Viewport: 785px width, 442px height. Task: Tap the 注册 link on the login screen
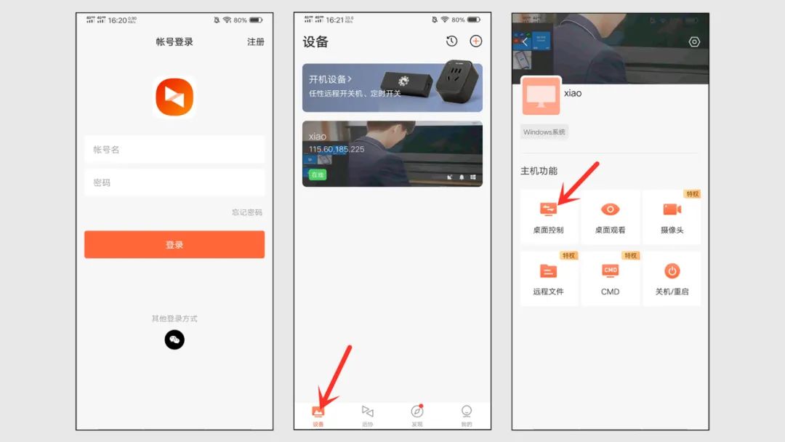click(256, 42)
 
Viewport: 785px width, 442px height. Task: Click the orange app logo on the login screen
click(174, 97)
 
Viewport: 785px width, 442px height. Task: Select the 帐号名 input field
click(174, 150)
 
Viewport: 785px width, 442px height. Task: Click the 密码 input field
click(174, 183)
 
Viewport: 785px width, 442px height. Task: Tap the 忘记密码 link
click(247, 212)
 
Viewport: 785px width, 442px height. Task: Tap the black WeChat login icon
click(174, 339)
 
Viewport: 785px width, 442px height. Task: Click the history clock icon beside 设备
click(451, 41)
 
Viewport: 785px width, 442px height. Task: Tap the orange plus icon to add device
click(476, 41)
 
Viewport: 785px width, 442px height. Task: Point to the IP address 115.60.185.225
click(337, 149)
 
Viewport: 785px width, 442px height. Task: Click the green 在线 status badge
click(318, 174)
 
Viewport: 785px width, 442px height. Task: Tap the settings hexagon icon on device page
click(694, 42)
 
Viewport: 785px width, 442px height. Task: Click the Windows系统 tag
click(544, 132)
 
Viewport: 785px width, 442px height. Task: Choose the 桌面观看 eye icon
click(610, 209)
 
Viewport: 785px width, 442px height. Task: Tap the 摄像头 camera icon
click(672, 209)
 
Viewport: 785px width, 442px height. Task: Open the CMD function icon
click(610, 271)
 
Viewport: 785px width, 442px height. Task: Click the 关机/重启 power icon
click(672, 271)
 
